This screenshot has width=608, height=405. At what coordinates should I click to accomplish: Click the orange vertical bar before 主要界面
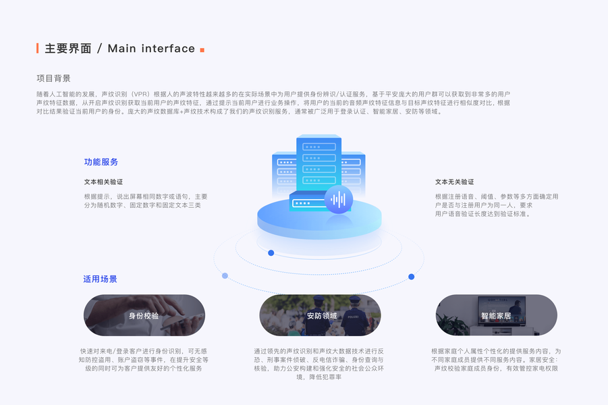point(38,48)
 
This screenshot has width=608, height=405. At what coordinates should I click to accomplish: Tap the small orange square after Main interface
point(202,50)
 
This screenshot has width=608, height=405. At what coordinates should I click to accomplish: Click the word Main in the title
point(122,49)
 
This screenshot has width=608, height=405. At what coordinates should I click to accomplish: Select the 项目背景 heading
point(53,78)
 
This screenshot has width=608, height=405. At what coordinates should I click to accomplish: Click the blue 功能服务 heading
point(101,162)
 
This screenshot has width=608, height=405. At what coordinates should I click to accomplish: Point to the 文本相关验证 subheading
point(103,182)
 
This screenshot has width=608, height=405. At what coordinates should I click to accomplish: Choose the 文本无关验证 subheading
point(454,182)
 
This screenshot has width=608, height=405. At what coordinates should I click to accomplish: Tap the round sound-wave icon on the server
point(339,199)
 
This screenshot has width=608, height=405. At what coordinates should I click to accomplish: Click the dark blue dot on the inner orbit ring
point(271,253)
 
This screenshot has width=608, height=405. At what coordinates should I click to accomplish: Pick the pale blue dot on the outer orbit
point(225,275)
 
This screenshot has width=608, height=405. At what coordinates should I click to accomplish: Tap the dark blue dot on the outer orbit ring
point(411,277)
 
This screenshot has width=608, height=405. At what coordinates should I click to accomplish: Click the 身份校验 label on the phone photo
point(144,315)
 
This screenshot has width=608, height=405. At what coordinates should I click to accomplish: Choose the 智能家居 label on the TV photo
point(496,315)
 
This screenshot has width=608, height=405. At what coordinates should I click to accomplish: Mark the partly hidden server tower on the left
point(283,175)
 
